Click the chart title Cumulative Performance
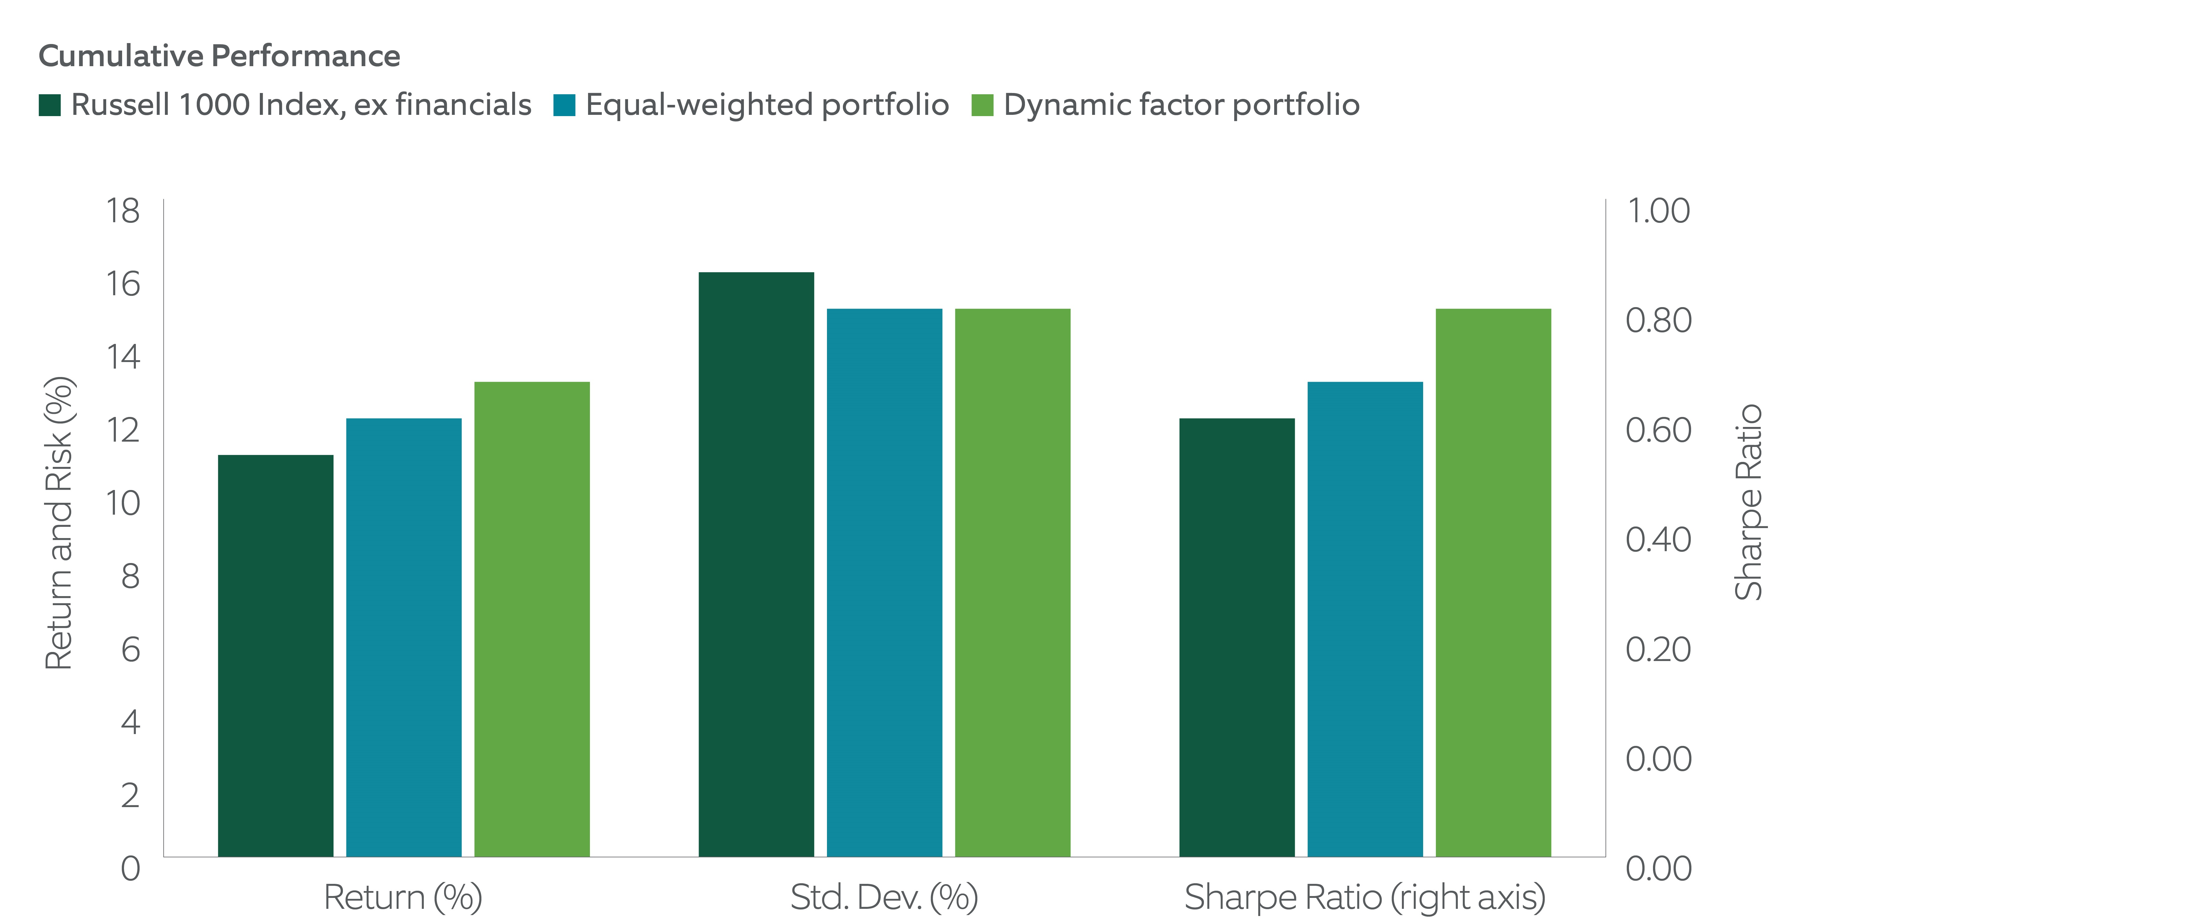pyautogui.click(x=219, y=56)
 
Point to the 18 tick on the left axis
pyautogui.click(x=123, y=210)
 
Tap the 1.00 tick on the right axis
pyautogui.click(x=1658, y=210)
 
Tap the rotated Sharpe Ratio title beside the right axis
pyautogui.click(x=1748, y=502)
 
